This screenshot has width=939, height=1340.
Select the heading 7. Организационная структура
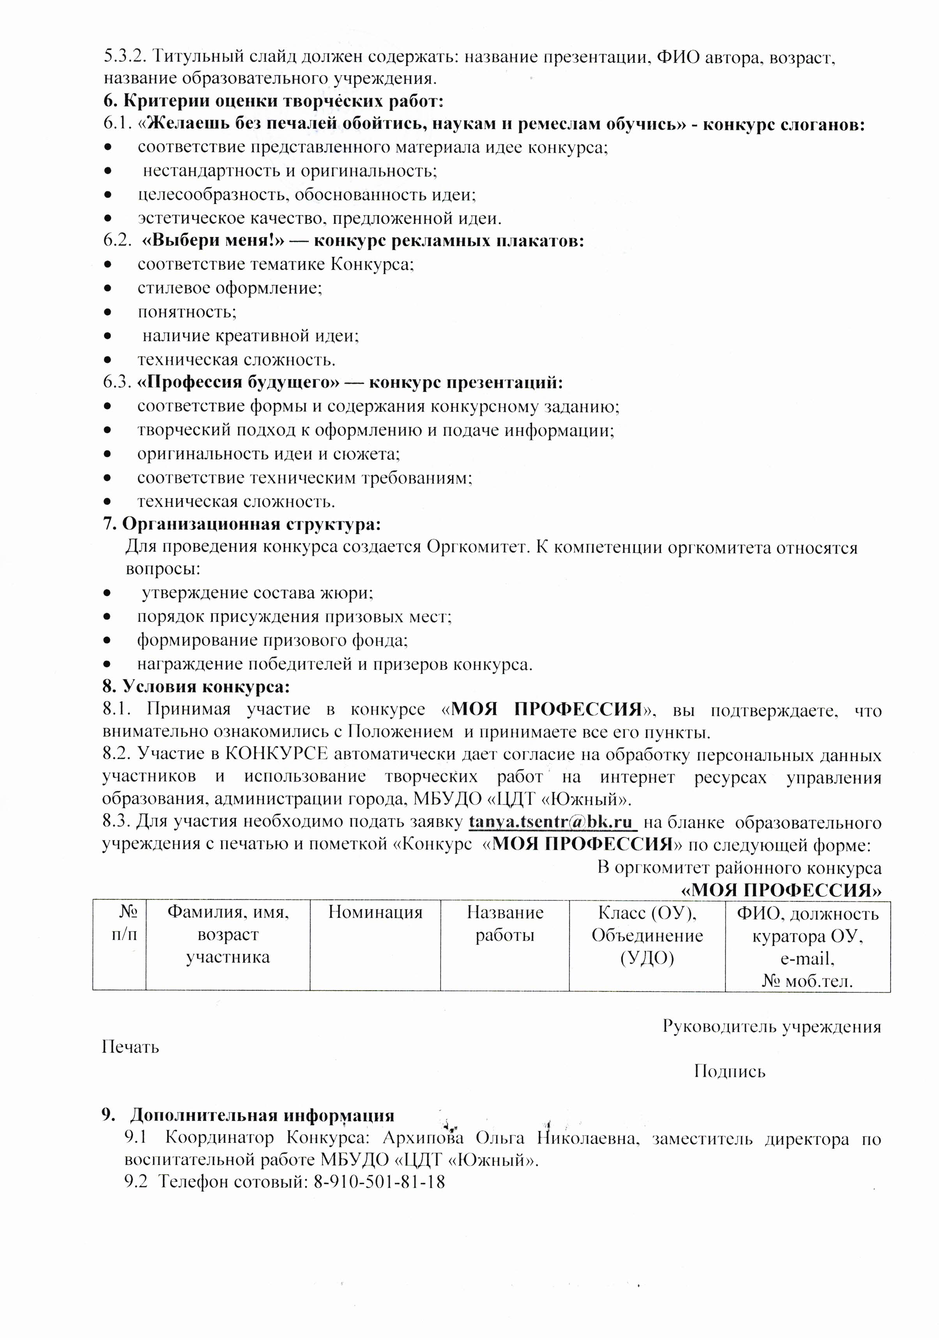pos(242,524)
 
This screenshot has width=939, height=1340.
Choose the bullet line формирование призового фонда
pos(272,640)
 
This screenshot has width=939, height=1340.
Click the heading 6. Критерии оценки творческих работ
pos(274,101)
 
